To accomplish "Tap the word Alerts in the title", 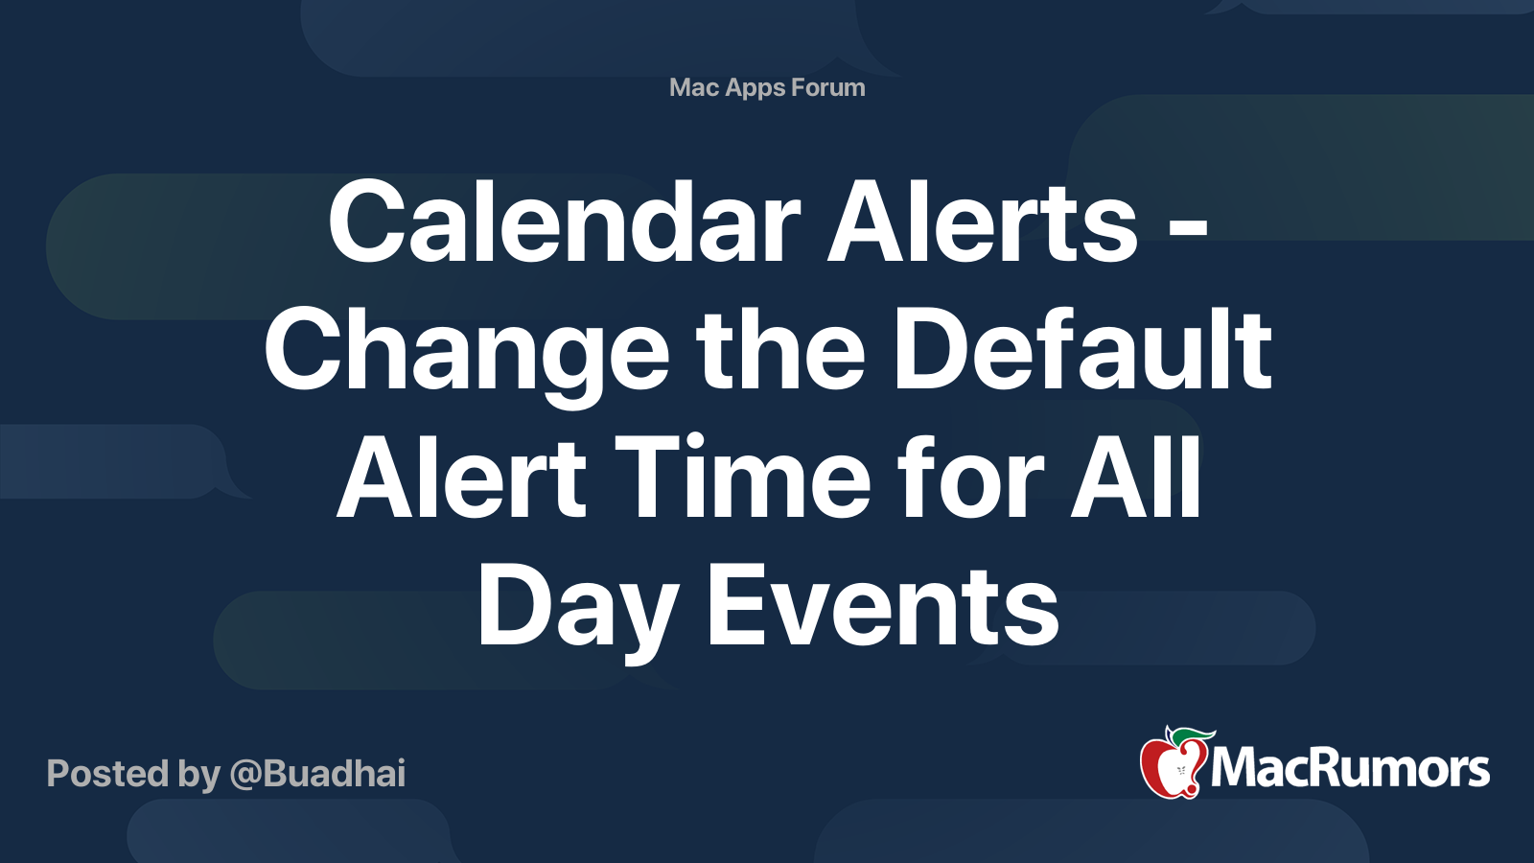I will pyautogui.click(x=982, y=222).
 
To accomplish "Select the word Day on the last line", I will pyautogui.click(x=576, y=607).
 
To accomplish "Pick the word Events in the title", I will pyautogui.click(x=883, y=607).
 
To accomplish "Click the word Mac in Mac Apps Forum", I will pyautogui.click(x=694, y=87).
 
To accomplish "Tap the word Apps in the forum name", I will pyautogui.click(x=755, y=88).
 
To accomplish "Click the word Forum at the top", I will pyautogui.click(x=827, y=87).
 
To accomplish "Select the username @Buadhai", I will pyautogui.click(x=317, y=774).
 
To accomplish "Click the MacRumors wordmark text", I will pyautogui.click(x=1350, y=769).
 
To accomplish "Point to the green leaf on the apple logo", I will pyautogui.click(x=1193, y=735).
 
